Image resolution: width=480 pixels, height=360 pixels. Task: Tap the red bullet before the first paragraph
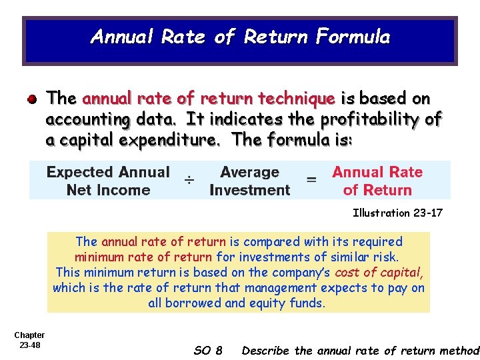tap(32, 99)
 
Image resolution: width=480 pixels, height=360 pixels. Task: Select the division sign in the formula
tap(190, 180)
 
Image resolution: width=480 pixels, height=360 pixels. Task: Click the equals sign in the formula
tap(311, 180)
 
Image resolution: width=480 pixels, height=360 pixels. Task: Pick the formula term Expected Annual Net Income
tap(108, 181)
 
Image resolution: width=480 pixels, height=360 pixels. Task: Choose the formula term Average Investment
tap(249, 181)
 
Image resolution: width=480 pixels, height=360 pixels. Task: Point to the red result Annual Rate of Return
tap(377, 181)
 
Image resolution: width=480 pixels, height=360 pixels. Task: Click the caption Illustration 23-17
tap(397, 213)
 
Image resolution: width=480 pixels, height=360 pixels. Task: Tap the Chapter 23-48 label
tap(29, 340)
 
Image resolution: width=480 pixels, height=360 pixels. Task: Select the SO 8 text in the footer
tap(208, 350)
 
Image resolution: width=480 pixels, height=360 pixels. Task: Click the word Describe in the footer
tap(267, 350)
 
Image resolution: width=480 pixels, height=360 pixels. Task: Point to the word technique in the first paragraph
tap(297, 99)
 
